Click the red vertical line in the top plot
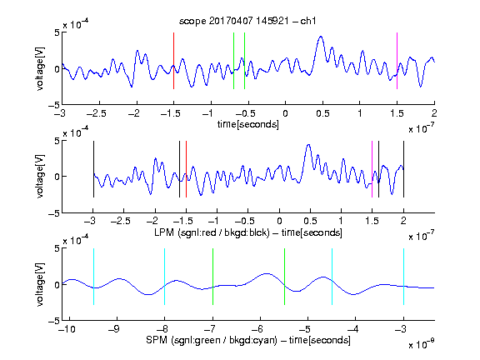tap(173, 61)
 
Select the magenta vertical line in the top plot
tap(397, 61)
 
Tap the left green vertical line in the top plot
tap(233, 61)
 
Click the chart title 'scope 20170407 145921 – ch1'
tap(247, 21)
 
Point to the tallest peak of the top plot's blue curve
tap(321, 37)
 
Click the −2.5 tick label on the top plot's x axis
tap(97, 114)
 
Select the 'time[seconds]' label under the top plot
tap(248, 124)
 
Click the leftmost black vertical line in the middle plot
tap(93, 169)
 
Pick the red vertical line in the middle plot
tap(186, 169)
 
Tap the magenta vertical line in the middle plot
tap(372, 169)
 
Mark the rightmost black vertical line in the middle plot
tap(403, 169)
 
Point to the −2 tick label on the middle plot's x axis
tap(152, 221)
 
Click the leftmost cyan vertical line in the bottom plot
tap(93, 277)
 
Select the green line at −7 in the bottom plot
tap(212, 277)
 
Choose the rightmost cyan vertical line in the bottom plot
tap(403, 277)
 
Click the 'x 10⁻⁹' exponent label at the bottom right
tap(421, 344)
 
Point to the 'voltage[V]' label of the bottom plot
tap(40, 284)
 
